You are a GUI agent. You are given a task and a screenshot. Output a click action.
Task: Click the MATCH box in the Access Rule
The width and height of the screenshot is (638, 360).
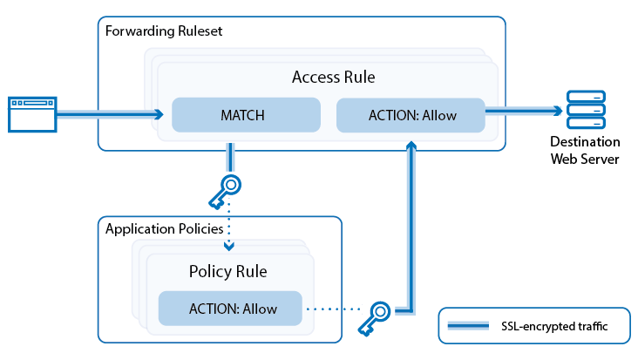click(246, 115)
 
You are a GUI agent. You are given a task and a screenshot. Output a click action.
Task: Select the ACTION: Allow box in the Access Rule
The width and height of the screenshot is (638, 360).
click(411, 115)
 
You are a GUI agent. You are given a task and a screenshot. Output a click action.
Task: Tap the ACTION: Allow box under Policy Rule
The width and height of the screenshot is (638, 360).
click(230, 309)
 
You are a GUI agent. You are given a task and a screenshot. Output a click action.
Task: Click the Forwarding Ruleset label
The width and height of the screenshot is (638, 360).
click(164, 31)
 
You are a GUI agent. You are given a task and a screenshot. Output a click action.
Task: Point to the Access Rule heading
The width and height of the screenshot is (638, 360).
click(334, 77)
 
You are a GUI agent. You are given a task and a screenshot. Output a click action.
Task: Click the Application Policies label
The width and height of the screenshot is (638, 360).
click(165, 229)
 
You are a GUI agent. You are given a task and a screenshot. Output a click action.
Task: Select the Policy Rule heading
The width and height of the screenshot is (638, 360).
click(227, 271)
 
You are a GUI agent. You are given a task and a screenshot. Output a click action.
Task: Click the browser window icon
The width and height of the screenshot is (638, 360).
click(32, 114)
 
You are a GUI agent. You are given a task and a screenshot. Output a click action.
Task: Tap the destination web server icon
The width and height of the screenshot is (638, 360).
click(586, 110)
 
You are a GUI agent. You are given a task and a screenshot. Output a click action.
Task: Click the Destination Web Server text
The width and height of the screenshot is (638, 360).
click(585, 150)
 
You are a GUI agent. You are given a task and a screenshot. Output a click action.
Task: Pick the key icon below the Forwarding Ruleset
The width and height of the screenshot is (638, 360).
click(225, 192)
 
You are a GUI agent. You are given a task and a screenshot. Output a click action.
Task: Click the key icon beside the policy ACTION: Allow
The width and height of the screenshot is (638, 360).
click(374, 318)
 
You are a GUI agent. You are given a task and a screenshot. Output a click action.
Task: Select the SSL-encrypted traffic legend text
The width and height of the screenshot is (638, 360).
click(554, 326)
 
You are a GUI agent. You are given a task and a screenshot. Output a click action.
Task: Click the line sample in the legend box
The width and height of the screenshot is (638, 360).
click(468, 325)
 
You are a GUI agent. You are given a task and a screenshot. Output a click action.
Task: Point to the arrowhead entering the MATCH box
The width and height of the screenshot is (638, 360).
click(159, 114)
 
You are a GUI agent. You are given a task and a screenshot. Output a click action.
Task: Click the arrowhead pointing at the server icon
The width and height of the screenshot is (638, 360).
click(558, 110)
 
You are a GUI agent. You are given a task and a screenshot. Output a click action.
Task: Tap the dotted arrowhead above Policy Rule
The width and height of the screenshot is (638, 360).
click(229, 247)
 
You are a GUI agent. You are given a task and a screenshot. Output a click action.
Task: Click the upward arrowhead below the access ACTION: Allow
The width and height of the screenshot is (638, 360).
click(411, 146)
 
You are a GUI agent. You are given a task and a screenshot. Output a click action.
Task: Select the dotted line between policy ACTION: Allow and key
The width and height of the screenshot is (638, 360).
click(334, 309)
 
